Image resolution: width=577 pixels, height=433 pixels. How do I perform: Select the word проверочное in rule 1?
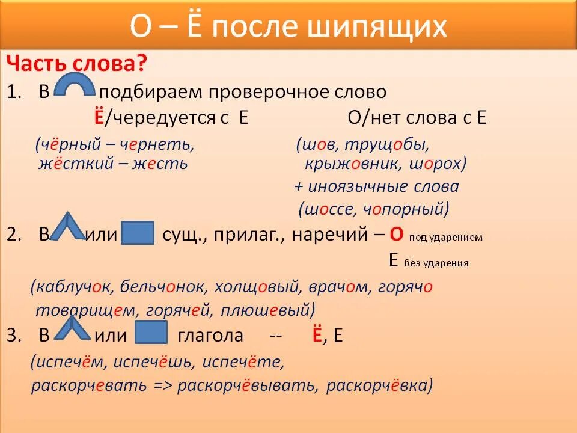267,93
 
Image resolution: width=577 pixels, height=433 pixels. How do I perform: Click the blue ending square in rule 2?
138,233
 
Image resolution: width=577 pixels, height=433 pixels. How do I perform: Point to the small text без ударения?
436,262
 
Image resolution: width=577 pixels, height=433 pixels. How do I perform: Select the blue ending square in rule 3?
151,332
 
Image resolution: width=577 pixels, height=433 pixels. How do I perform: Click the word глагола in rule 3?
210,336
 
